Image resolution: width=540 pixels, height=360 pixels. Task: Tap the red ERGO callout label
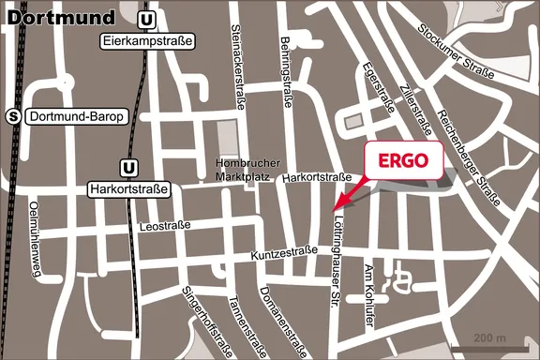point(402,161)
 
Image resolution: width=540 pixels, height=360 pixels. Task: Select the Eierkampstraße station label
point(146,41)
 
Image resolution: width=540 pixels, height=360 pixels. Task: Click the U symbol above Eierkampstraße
point(146,20)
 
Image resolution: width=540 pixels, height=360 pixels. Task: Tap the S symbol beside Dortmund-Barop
point(13,116)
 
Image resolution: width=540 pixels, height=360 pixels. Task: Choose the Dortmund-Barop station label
point(67,117)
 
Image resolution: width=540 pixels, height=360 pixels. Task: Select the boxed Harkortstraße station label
point(128,188)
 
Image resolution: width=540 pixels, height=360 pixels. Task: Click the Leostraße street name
point(165,226)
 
